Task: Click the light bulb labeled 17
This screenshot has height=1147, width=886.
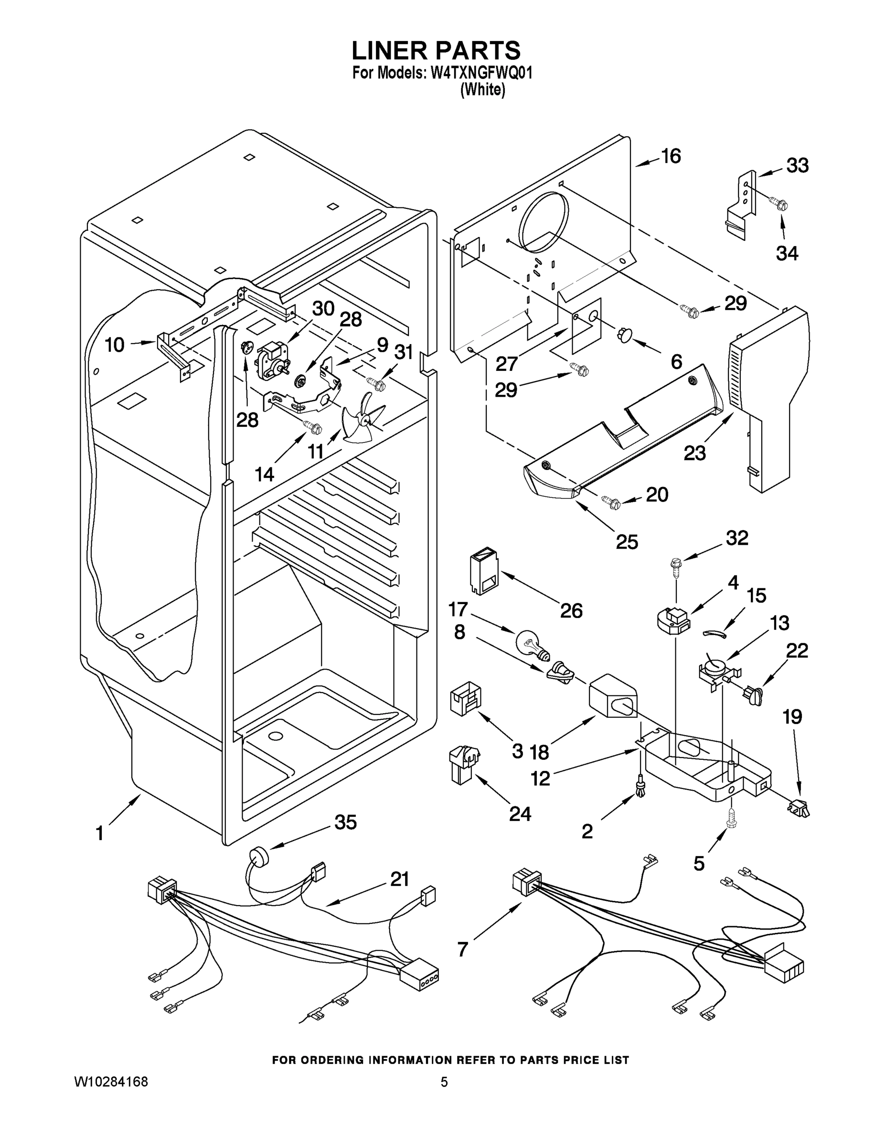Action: (x=532, y=644)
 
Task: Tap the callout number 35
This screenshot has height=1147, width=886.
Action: (x=345, y=822)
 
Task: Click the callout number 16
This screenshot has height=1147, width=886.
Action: (x=670, y=156)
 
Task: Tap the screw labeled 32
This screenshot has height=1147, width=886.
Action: (x=676, y=566)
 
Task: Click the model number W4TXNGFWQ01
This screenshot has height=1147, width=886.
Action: (x=481, y=73)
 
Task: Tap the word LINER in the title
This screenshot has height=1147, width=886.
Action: (x=389, y=50)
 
